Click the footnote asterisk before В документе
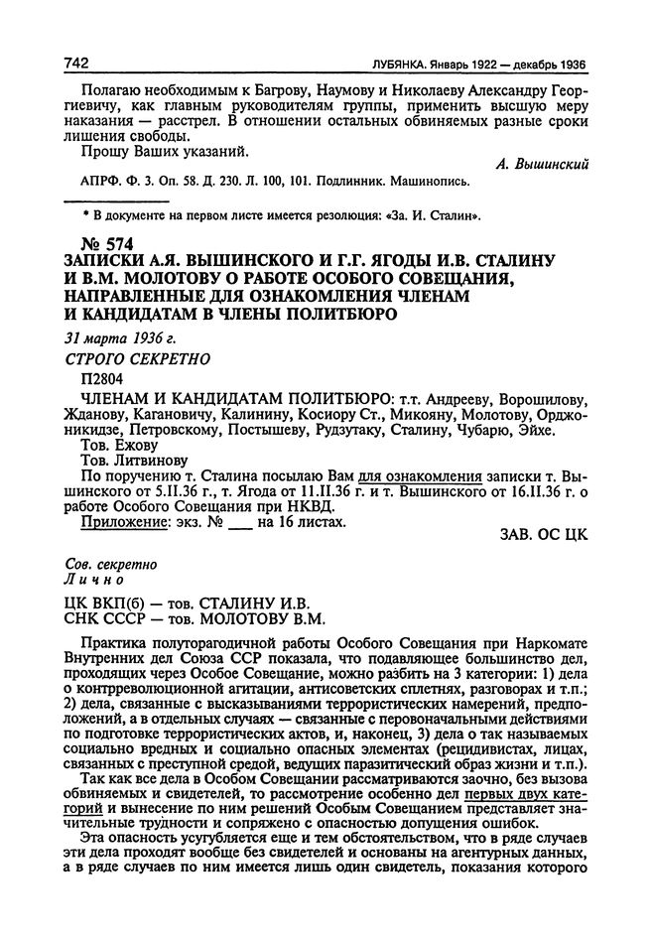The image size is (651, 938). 85,212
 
